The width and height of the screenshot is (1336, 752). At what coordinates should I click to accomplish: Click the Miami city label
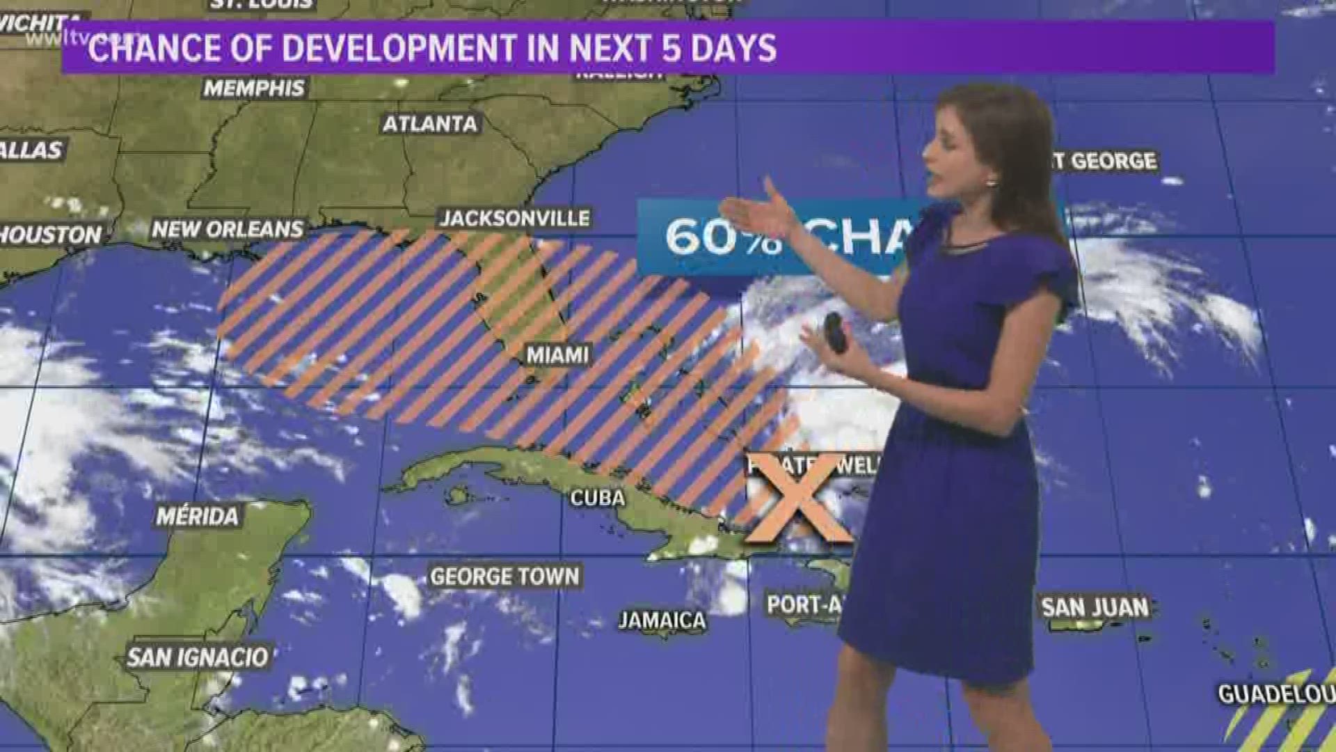(557, 355)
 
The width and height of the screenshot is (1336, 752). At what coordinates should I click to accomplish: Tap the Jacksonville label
(515, 218)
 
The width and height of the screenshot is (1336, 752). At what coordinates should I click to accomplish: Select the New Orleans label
(228, 228)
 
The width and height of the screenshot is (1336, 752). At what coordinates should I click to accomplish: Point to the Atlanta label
(430, 124)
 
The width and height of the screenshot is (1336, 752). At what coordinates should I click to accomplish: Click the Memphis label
(254, 88)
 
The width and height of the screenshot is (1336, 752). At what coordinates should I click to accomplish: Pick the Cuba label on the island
(597, 497)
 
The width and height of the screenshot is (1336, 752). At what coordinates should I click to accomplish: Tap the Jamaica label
(662, 620)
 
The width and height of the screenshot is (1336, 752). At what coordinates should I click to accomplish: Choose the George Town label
(504, 577)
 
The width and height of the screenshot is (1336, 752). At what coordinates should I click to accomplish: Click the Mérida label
(197, 516)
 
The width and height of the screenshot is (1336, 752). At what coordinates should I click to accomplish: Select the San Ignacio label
(198, 657)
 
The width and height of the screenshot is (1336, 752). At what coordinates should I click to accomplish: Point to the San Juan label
(1095, 607)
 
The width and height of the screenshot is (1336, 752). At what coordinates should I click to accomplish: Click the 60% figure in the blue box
(724, 237)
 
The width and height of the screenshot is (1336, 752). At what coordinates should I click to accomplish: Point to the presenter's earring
(990, 182)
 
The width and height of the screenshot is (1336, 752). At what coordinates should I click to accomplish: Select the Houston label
(50, 235)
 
